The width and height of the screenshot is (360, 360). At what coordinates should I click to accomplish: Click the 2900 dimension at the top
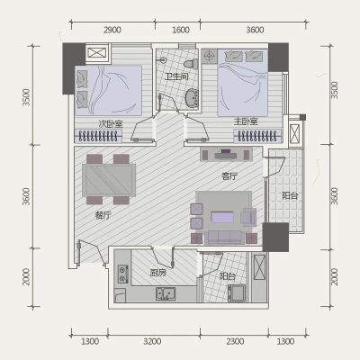(x=112, y=30)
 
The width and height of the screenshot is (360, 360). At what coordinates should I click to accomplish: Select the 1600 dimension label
(x=181, y=30)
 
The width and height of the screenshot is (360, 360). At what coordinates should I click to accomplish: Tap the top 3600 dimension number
(x=255, y=30)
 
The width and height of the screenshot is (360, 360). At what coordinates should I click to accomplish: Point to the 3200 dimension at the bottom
(x=152, y=341)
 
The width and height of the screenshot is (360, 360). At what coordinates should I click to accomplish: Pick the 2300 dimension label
(x=235, y=341)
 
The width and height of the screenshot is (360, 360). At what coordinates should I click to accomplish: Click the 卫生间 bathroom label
(x=176, y=76)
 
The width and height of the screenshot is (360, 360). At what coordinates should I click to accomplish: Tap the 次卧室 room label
(x=111, y=124)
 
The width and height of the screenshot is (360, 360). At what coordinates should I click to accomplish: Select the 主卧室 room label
(x=246, y=121)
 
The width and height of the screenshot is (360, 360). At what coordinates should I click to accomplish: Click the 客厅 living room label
(x=229, y=176)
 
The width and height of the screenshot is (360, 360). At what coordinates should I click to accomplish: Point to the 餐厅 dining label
(x=103, y=215)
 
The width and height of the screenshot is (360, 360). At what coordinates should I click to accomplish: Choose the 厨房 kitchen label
(x=157, y=273)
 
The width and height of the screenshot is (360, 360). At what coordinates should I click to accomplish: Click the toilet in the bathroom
(x=191, y=64)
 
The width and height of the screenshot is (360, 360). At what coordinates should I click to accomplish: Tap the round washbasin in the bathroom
(x=191, y=98)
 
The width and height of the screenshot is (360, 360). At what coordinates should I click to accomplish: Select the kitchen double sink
(x=166, y=294)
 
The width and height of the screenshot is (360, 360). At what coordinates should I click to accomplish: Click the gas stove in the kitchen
(x=123, y=274)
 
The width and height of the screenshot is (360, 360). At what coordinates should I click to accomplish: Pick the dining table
(x=109, y=180)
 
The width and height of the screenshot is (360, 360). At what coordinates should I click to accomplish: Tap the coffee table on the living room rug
(x=222, y=217)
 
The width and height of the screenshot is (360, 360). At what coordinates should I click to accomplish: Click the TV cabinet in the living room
(x=227, y=154)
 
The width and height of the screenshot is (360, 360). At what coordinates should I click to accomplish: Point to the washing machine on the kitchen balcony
(x=237, y=293)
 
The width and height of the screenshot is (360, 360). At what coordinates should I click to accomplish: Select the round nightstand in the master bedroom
(x=209, y=57)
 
